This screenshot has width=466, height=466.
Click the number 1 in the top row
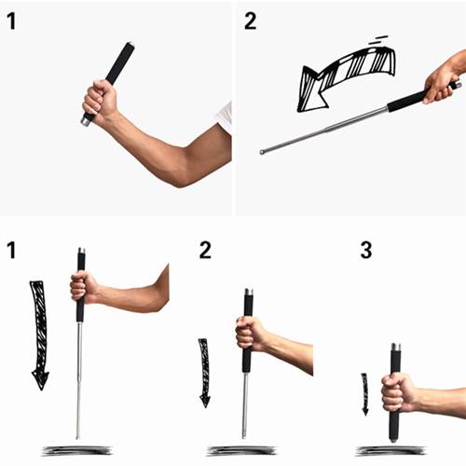point(11,21)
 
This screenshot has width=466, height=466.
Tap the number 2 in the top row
point(251,21)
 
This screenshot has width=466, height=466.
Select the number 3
point(366,250)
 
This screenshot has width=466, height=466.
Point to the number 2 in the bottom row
point(205,250)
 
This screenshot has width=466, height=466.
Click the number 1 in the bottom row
point(11,250)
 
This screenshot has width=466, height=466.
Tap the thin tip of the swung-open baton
point(262,152)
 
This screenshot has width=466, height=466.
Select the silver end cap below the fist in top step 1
point(86,121)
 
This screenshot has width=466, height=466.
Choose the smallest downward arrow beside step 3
point(365,394)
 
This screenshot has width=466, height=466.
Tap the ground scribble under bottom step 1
point(77,450)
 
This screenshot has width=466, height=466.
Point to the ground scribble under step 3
point(391,450)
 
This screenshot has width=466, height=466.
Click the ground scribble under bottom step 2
point(241,450)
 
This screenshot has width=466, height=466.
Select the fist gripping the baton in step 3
point(399,394)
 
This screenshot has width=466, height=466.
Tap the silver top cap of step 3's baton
point(396,347)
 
